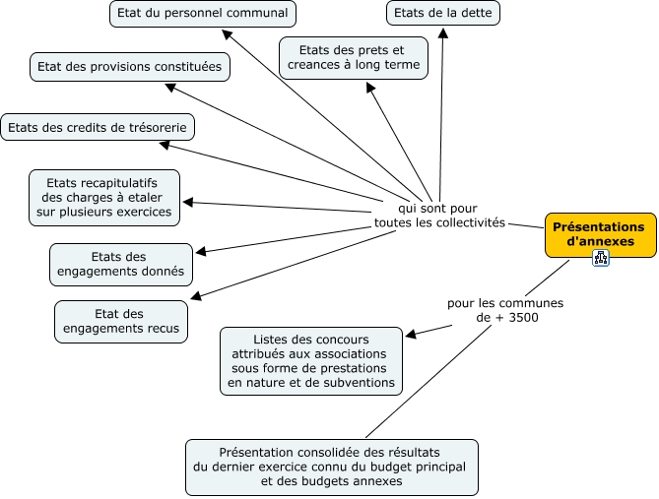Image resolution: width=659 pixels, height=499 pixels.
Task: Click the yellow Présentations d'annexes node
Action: (x=599, y=234)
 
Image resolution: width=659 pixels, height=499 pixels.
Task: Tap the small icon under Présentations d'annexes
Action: (x=601, y=258)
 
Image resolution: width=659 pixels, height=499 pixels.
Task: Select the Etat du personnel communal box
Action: (x=202, y=14)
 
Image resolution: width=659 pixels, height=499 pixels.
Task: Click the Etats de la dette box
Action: (x=442, y=14)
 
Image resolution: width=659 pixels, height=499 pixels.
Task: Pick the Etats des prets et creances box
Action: (x=354, y=57)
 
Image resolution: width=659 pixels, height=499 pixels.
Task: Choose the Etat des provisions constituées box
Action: (x=130, y=67)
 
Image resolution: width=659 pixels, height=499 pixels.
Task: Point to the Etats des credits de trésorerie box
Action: (x=97, y=127)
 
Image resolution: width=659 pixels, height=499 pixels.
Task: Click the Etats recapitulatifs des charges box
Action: (x=103, y=197)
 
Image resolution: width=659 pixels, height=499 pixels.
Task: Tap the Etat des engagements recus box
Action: (x=121, y=321)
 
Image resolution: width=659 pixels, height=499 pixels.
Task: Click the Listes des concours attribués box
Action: (x=311, y=360)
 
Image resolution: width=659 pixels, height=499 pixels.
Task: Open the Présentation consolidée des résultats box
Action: (x=332, y=467)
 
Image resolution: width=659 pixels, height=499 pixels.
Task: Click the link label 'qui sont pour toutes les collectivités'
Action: (x=438, y=216)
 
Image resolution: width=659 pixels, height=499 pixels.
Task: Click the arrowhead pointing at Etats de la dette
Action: (x=443, y=32)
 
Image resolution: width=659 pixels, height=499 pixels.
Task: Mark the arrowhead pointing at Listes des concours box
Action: (x=412, y=336)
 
